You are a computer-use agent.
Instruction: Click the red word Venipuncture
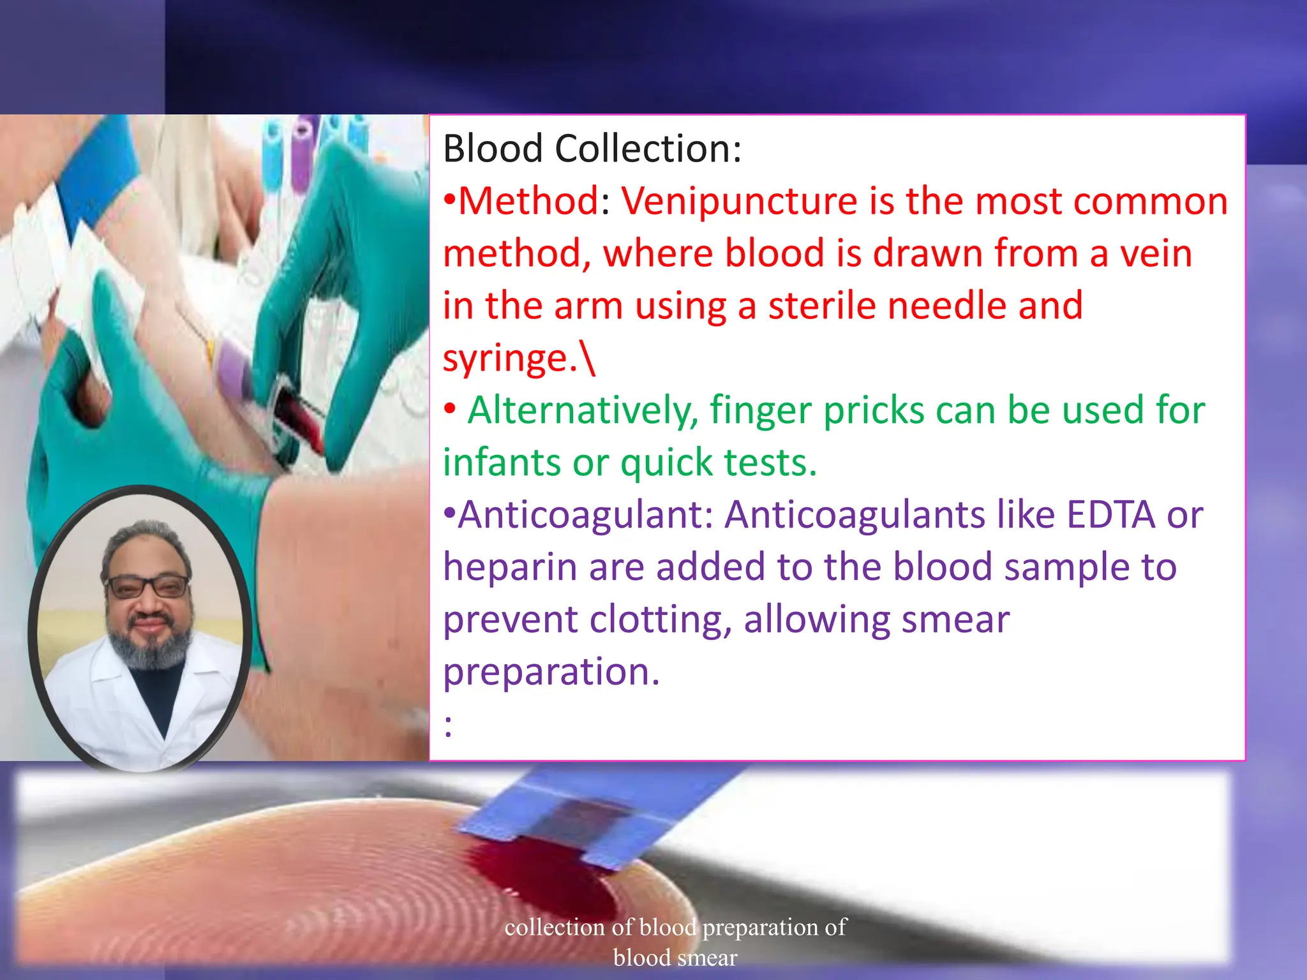740,202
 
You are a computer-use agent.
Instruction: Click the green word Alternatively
583,410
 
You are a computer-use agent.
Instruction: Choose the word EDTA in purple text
1111,515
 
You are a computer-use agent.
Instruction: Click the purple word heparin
510,568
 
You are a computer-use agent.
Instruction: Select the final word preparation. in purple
551,672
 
